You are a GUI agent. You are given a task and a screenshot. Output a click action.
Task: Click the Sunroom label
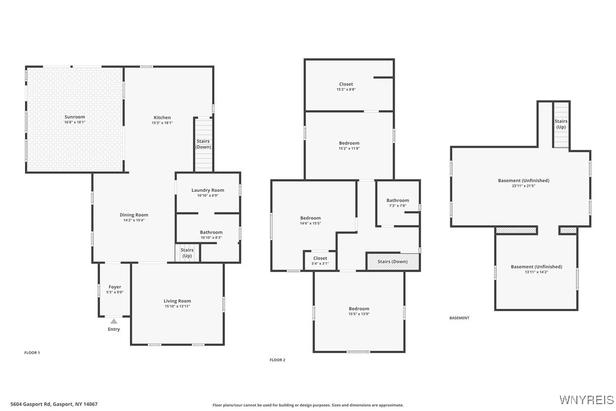point(75,117)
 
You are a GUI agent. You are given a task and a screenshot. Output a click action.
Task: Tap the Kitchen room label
point(162,118)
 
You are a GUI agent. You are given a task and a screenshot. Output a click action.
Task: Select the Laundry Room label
point(208,190)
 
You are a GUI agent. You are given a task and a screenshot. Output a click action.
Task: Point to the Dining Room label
point(134,215)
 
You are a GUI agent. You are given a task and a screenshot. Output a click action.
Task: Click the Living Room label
point(178,301)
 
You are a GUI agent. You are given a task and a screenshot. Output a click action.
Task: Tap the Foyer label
point(115,287)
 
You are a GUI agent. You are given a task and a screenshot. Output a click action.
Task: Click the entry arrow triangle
point(114,321)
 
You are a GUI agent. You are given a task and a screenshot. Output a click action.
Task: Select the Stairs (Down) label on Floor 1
point(203,144)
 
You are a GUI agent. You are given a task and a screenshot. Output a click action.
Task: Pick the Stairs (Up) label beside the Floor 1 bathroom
point(187,253)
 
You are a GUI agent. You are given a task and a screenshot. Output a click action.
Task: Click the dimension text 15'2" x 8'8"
point(346,90)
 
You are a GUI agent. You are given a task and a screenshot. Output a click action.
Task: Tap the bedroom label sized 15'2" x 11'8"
point(349,143)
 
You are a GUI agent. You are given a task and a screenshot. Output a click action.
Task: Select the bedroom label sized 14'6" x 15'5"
point(310,218)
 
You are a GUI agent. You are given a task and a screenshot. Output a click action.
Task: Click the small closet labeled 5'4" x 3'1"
point(320,258)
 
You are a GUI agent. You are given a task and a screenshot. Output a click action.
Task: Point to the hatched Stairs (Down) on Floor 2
point(393,262)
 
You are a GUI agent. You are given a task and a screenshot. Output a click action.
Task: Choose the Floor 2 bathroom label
point(398,200)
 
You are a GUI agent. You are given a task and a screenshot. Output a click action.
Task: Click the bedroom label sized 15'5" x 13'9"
point(359,309)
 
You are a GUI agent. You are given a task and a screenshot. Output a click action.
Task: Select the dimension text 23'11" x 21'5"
point(524,186)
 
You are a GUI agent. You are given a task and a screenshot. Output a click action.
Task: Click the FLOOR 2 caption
point(277,360)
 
